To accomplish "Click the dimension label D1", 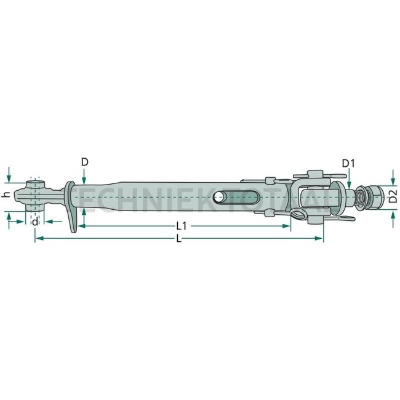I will pyautogui.click(x=348, y=163).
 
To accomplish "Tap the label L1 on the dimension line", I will pyautogui.click(x=182, y=226).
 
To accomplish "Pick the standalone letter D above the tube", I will pyautogui.click(x=84, y=162).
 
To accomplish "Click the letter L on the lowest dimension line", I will pyautogui.click(x=178, y=239).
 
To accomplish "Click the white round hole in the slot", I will pyautogui.click(x=218, y=198).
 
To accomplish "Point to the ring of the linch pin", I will pyautogui.click(x=298, y=215).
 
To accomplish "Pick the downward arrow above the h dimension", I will pyautogui.click(x=9, y=179).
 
